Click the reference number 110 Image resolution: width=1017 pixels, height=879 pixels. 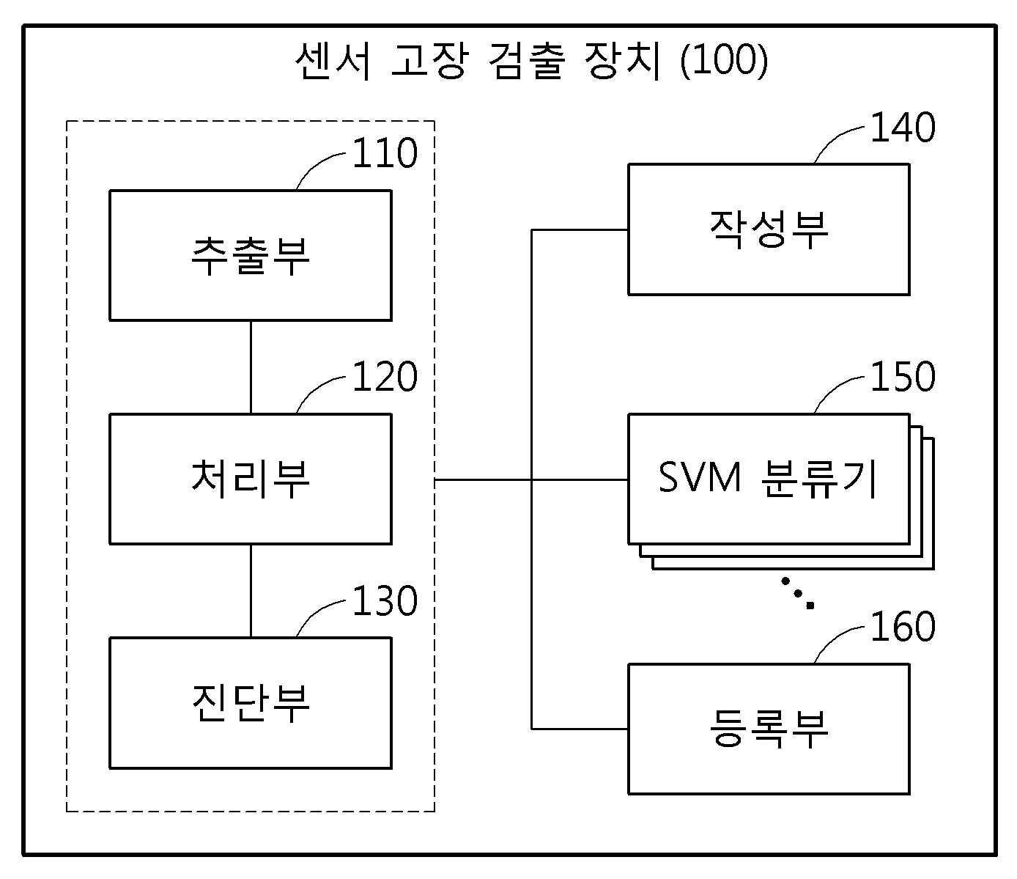coord(385,153)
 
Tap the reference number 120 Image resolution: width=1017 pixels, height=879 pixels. coord(385,377)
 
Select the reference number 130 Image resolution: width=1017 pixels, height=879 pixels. coord(385,600)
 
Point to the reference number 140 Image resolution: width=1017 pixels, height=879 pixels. coord(903,128)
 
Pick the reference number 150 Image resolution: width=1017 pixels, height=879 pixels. coord(903,377)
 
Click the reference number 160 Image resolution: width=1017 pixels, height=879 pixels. coord(903,626)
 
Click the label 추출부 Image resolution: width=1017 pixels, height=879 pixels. coord(251,256)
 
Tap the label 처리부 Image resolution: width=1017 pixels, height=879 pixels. coord(251,479)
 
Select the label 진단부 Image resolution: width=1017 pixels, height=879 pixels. coord(251,703)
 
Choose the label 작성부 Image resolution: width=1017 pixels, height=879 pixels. coord(769,230)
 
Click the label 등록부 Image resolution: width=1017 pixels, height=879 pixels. coord(769,729)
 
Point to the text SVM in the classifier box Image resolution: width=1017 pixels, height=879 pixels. coord(699,477)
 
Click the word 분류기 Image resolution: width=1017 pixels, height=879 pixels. coord(818,479)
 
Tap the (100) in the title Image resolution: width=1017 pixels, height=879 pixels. coord(724,61)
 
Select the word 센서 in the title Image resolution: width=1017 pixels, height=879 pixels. coord(333,61)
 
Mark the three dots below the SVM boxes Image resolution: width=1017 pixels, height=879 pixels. coord(798,593)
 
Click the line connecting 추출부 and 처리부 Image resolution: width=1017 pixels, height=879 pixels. coord(251,367)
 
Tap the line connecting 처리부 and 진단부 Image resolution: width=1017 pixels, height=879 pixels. coord(251,591)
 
